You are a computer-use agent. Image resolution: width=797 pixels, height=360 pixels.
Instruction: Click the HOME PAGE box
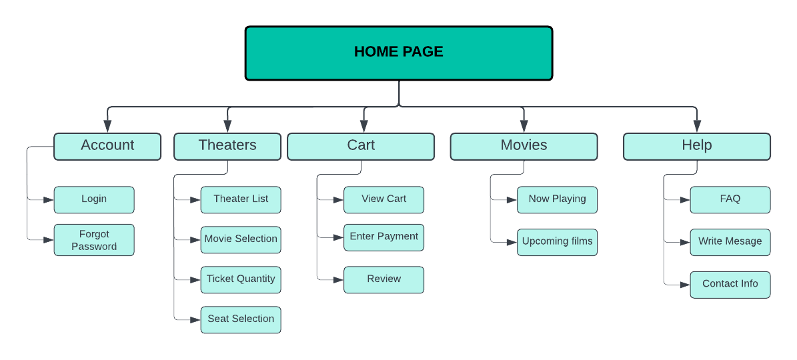[399, 53]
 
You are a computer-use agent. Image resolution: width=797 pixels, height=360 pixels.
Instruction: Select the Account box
[107, 146]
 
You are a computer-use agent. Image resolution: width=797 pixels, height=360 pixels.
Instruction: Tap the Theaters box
[227, 146]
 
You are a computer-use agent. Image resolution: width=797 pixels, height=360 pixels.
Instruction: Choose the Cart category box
[361, 146]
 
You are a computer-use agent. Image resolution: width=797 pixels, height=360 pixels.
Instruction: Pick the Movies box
[524, 146]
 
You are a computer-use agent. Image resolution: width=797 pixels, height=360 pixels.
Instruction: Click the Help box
[697, 146]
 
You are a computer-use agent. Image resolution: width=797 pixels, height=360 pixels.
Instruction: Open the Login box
[94, 200]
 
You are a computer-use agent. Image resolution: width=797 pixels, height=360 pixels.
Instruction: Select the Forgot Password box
[94, 240]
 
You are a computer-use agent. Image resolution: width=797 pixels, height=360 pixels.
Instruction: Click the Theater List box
[241, 200]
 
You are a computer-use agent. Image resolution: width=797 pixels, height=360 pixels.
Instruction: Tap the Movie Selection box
[241, 240]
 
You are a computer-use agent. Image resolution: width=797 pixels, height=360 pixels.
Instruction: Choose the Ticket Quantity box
[241, 280]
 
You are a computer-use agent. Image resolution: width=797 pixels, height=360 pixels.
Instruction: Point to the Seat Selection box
[241, 320]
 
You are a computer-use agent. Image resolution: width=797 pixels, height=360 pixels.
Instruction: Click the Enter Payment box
[383, 237]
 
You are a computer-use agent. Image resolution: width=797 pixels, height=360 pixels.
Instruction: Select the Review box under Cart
[383, 280]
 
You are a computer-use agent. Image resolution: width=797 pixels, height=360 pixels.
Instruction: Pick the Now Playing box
[557, 200]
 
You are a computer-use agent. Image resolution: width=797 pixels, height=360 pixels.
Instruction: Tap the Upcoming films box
[557, 242]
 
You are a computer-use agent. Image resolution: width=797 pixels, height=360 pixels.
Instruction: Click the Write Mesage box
[730, 242]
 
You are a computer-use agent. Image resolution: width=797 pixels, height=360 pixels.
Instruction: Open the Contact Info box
[730, 285]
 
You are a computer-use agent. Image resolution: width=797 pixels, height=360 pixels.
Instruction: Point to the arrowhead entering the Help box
[697, 127]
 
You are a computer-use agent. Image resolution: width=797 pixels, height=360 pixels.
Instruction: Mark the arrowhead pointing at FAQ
[685, 200]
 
